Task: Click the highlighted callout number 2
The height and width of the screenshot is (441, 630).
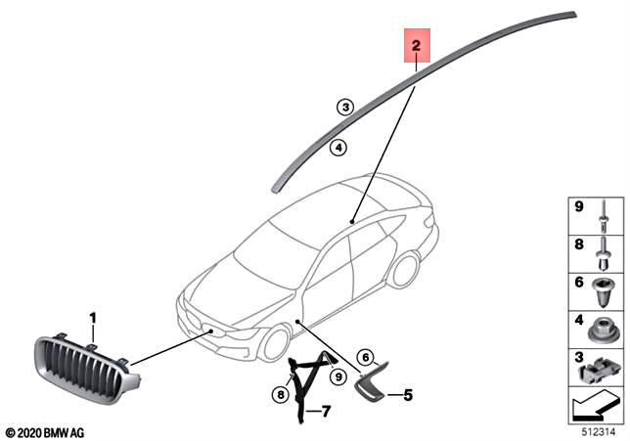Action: click(x=416, y=46)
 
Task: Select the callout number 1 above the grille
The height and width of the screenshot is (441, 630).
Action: click(x=94, y=318)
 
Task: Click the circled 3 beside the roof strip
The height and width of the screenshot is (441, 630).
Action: click(x=344, y=108)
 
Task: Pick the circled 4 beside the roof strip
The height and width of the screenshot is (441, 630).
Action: click(x=337, y=148)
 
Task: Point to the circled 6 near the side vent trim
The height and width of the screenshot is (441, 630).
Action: click(x=366, y=357)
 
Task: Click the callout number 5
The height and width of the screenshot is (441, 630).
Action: click(x=408, y=395)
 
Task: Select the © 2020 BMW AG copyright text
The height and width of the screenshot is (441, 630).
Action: click(x=45, y=430)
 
